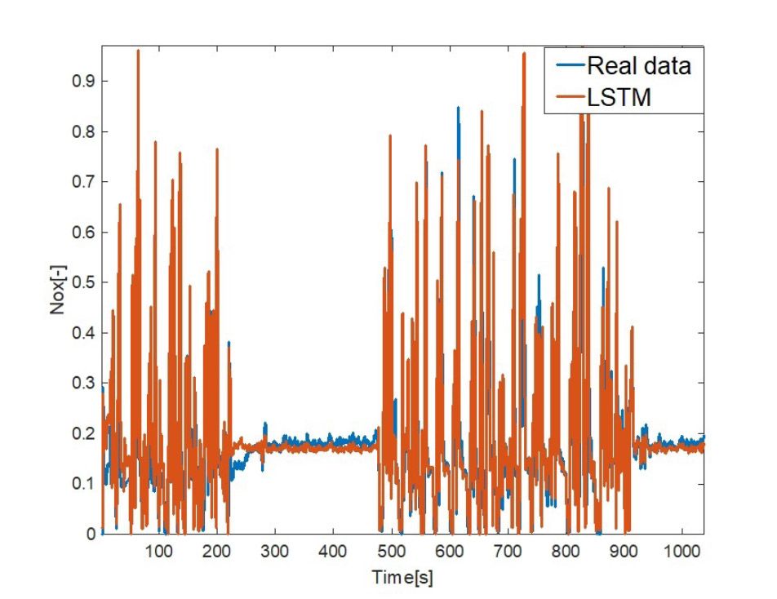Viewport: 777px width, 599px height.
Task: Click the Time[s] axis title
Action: click(402, 577)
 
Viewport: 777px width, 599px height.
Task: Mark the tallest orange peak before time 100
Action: click(138, 51)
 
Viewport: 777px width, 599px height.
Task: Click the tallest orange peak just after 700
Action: click(522, 54)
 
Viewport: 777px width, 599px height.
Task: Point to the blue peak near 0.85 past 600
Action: click(458, 108)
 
